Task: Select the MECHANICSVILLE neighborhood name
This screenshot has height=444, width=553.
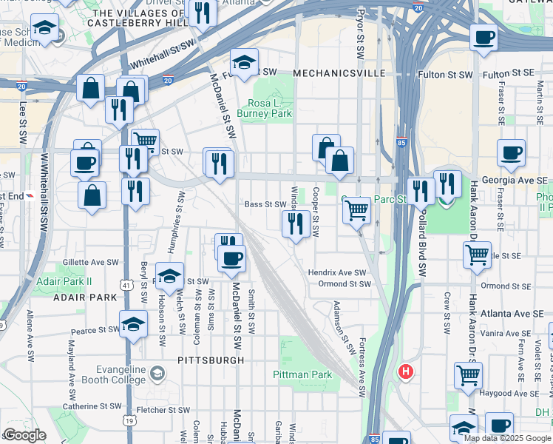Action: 339,73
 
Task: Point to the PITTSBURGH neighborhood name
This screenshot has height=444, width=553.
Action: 211,360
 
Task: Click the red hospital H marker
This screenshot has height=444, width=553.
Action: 405,371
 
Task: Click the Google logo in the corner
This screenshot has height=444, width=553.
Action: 24,435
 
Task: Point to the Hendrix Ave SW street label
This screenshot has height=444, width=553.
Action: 337,273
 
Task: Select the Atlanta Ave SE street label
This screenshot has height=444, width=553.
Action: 512,313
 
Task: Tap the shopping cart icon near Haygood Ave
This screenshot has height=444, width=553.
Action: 468,375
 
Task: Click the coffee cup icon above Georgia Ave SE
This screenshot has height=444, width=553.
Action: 511,153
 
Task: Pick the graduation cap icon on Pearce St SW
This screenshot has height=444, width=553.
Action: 133,324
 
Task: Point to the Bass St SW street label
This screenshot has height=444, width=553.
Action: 265,204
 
